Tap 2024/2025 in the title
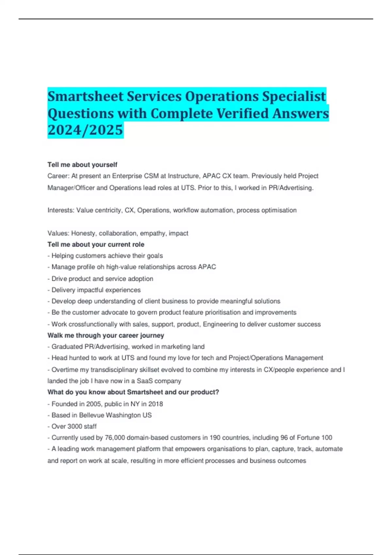(x=85, y=130)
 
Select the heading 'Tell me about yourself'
(x=82, y=165)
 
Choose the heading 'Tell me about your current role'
(x=96, y=245)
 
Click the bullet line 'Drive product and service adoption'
(x=102, y=279)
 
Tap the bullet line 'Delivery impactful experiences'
(x=96, y=290)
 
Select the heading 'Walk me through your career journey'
(x=106, y=335)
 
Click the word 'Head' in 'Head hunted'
(x=59, y=358)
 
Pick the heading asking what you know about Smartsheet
(x=133, y=392)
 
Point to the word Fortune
(x=308, y=438)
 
